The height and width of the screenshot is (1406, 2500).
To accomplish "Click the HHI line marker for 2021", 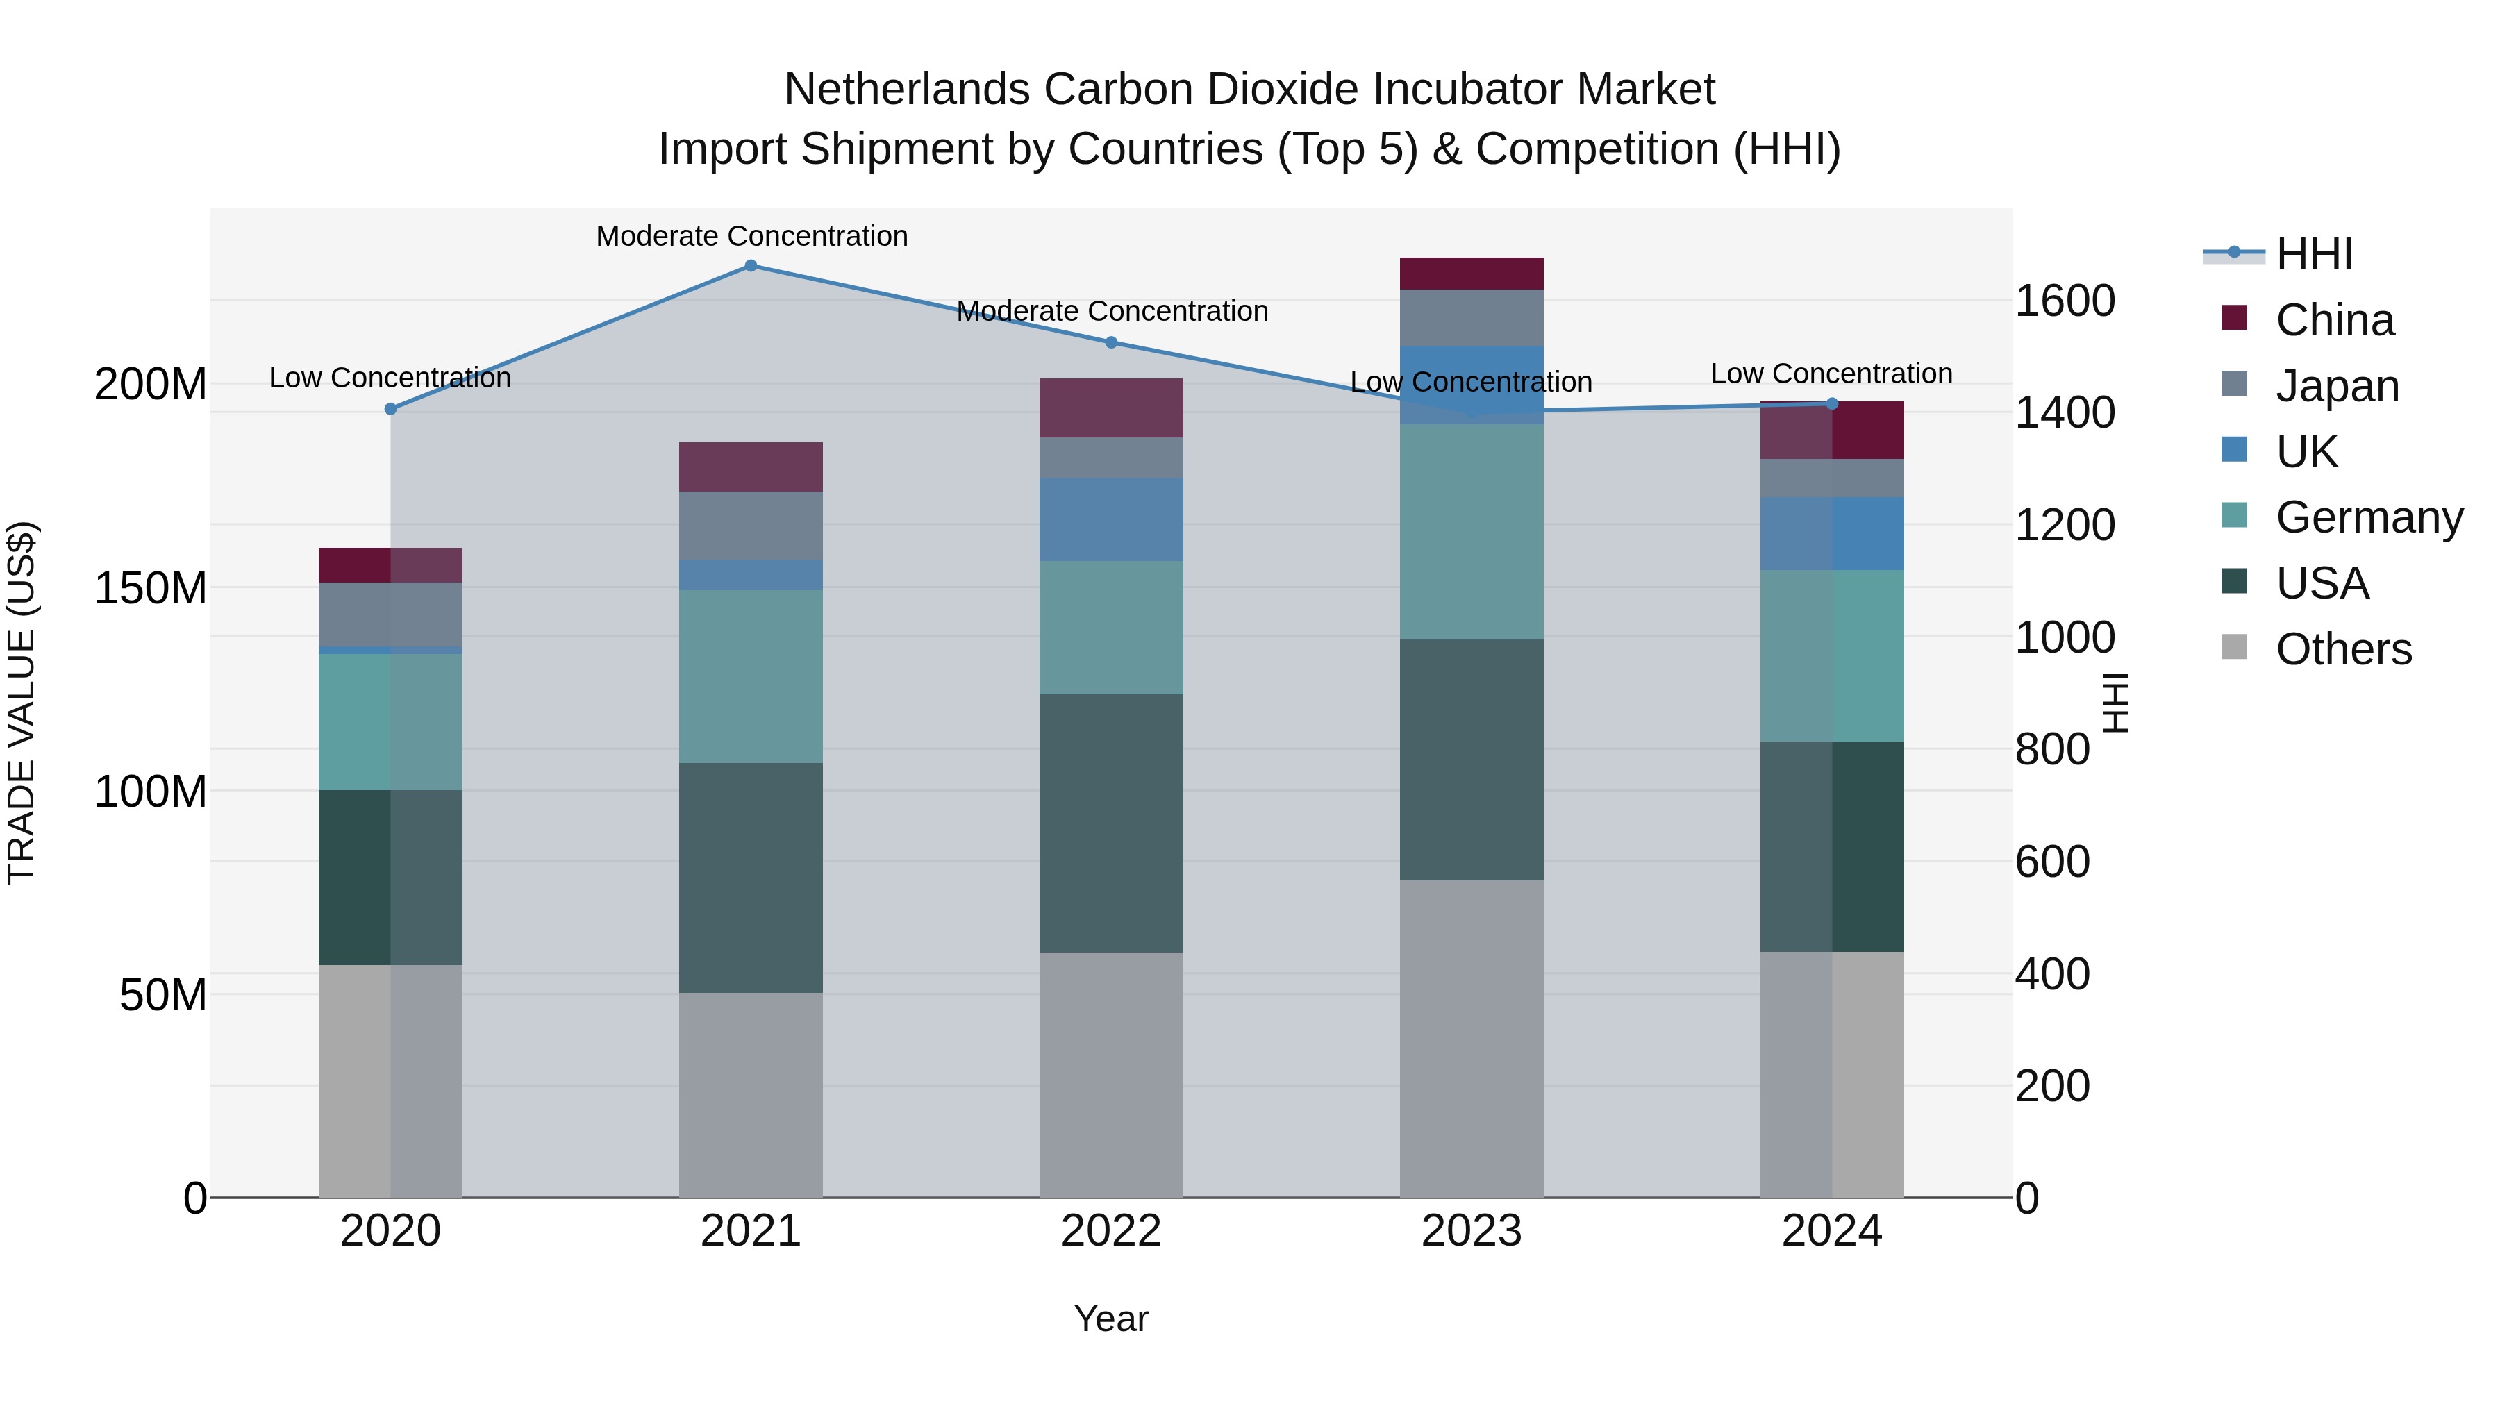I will [x=750, y=266].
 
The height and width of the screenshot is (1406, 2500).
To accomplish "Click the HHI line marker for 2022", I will [x=1111, y=342].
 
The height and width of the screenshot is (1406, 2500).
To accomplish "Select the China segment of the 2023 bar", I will [x=1472, y=274].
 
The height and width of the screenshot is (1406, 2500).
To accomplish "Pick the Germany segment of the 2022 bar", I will [x=1111, y=627].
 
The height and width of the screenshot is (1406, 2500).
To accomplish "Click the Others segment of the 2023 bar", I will [x=1472, y=1038].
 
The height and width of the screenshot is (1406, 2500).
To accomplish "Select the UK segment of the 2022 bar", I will [x=1111, y=519].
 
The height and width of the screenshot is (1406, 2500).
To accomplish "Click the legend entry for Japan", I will [x=2337, y=386].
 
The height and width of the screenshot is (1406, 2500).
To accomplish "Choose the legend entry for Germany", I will [x=2368, y=517].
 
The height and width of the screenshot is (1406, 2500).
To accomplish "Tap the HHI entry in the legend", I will [x=2314, y=254].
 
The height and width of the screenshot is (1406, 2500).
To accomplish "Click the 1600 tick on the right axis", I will [x=2065, y=301].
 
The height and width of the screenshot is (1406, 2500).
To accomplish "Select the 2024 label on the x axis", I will [x=1831, y=1231].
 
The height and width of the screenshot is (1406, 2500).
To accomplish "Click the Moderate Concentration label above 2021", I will [x=751, y=236].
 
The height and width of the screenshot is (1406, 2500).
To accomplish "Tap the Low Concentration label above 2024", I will [x=1831, y=374].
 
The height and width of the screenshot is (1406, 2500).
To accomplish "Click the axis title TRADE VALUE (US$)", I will [x=22, y=703].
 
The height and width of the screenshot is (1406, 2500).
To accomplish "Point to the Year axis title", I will [x=1111, y=1319].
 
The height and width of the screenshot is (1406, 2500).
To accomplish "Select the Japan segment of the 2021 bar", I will [x=750, y=525].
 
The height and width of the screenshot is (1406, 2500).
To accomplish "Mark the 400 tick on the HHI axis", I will [x=2051, y=974].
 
